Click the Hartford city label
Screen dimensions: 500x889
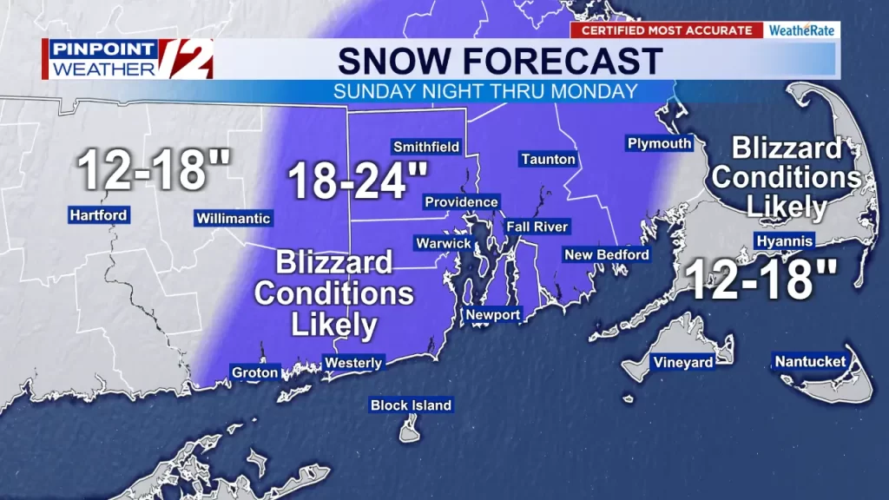(99, 215)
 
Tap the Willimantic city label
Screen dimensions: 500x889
(234, 219)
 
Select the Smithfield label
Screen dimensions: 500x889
(426, 147)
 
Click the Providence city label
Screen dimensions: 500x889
(461, 202)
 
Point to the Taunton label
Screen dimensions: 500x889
(548, 159)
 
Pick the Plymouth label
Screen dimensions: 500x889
(659, 143)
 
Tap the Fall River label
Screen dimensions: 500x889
(538, 227)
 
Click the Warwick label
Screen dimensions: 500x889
(443, 243)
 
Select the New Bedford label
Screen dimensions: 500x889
(606, 254)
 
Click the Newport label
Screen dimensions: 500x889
(493, 314)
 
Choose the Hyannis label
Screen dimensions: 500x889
(784, 240)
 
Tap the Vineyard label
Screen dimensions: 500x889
(683, 362)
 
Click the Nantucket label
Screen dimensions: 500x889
(809, 361)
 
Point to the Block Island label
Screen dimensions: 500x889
(411, 405)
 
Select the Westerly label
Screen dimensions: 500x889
(352, 362)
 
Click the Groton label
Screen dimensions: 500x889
(255, 372)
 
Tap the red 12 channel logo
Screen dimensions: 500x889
(185, 58)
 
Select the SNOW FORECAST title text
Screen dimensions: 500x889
(500, 61)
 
